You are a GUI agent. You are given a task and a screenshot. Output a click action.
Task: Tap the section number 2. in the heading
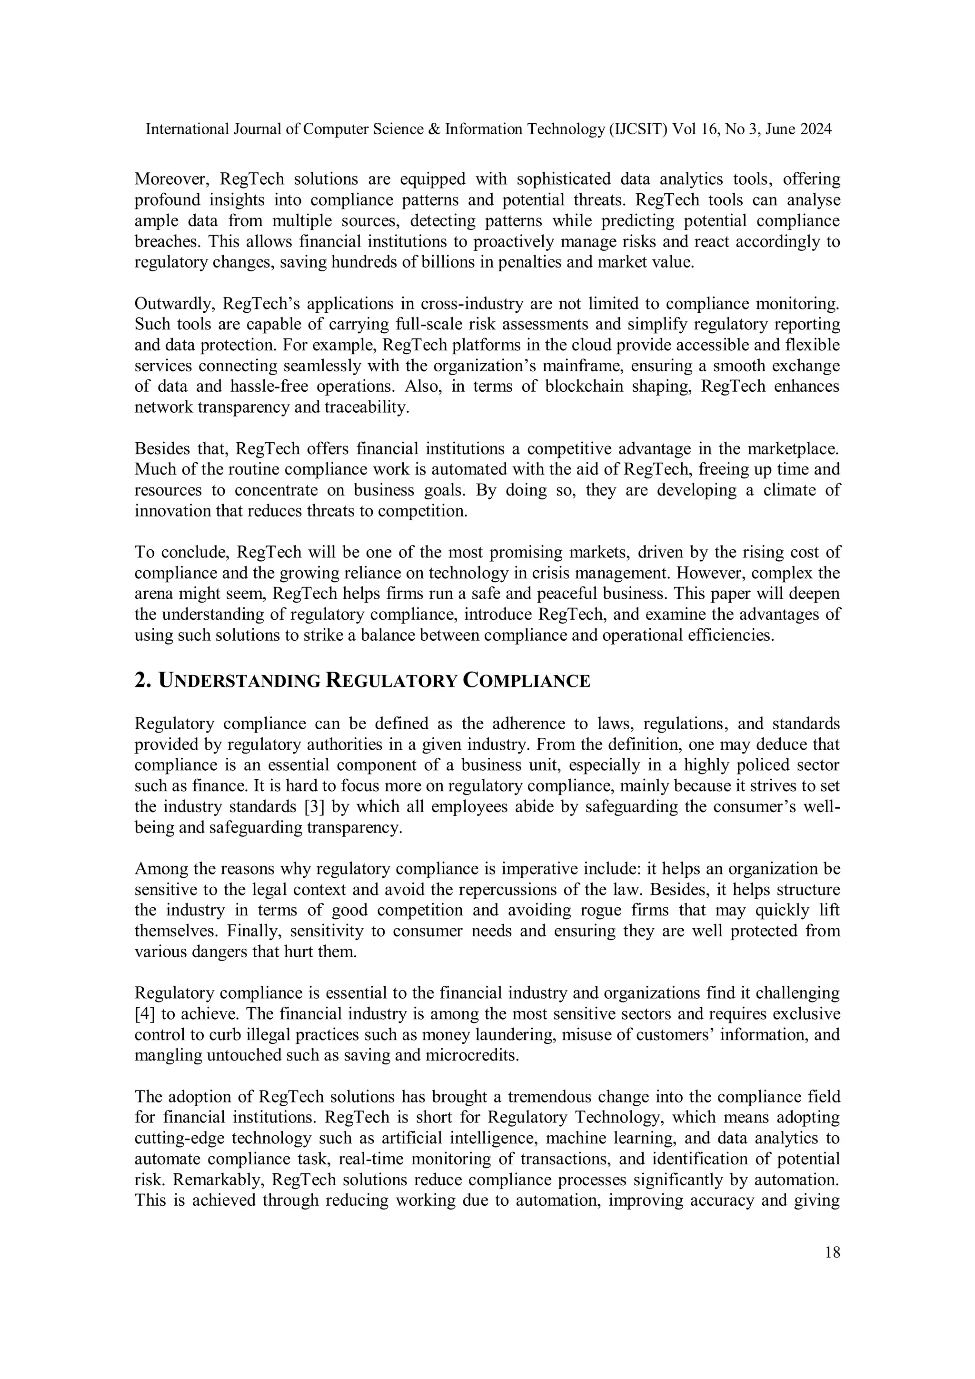(142, 681)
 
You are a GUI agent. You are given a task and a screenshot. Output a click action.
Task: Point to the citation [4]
(145, 1014)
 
